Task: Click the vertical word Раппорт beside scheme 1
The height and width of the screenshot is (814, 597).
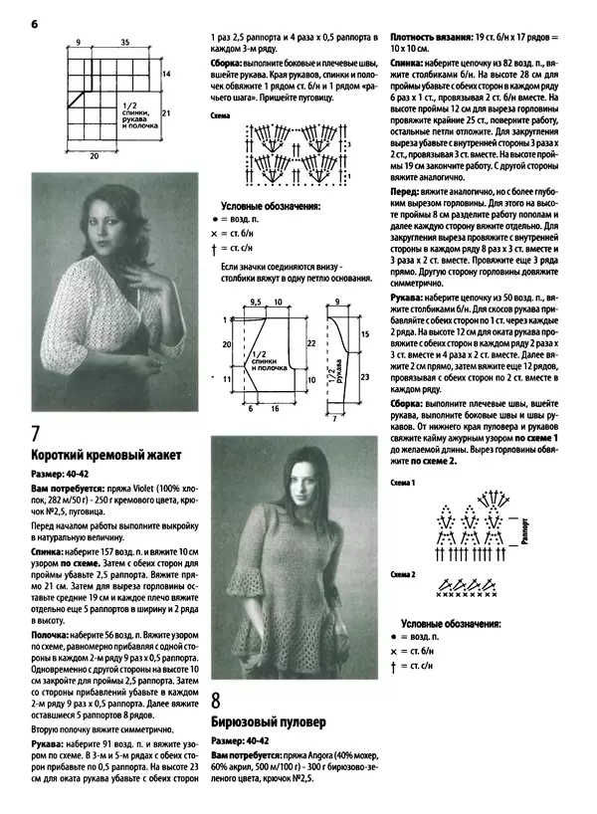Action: (524, 532)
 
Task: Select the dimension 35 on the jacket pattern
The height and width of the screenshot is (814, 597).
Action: (124, 43)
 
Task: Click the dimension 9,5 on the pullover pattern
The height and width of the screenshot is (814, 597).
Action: (255, 300)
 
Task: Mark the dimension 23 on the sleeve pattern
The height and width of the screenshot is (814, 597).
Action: (364, 378)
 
